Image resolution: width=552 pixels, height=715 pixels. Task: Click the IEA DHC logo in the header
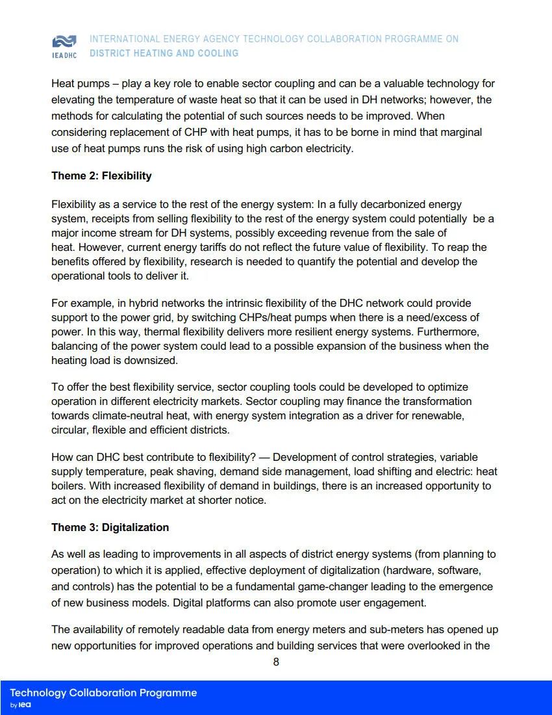point(64,46)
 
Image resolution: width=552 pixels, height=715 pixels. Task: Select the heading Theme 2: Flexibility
point(101,175)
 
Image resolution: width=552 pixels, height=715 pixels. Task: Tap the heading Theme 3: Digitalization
point(110,527)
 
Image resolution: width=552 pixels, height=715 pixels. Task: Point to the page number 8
point(276,662)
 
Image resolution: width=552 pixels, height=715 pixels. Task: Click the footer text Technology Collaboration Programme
point(103,693)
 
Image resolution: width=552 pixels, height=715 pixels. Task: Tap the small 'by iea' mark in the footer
point(21,705)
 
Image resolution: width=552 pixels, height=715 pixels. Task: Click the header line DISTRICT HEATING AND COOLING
point(164,53)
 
